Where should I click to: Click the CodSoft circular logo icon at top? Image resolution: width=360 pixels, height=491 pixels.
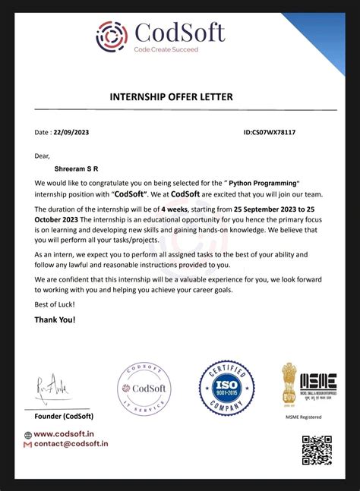113,36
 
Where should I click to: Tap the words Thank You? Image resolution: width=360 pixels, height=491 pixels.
55,319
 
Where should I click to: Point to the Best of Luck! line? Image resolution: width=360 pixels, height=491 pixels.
54,304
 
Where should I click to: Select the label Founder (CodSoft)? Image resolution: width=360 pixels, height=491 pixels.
64,417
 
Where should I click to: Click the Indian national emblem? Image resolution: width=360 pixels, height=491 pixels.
289,384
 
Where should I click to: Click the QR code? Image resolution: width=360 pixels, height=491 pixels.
317,450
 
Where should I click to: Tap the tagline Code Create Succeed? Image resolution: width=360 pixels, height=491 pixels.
166,49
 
